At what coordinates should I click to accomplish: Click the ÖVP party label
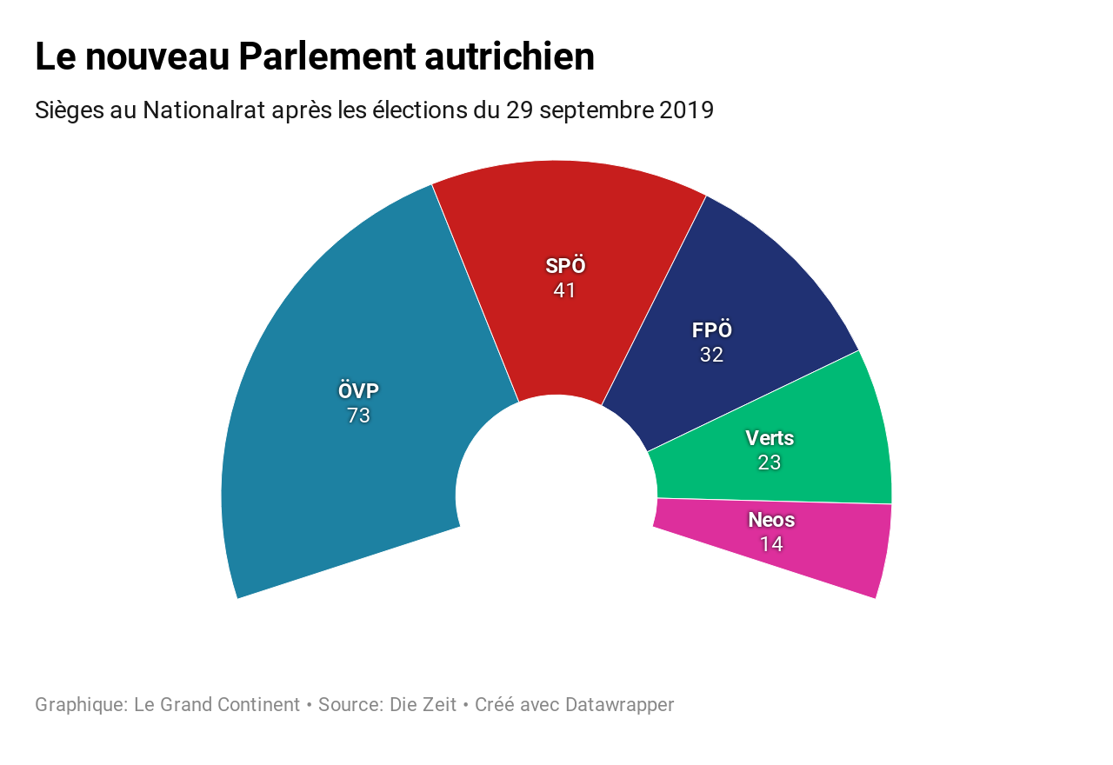pyautogui.click(x=358, y=391)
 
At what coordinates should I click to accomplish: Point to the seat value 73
pyautogui.click(x=358, y=416)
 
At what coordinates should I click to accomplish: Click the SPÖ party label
pyautogui.click(x=565, y=266)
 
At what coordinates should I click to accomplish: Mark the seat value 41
pyautogui.click(x=565, y=290)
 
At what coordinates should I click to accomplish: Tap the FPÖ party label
pyautogui.click(x=711, y=330)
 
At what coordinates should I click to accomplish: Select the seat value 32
pyautogui.click(x=711, y=355)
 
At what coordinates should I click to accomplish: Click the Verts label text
pyautogui.click(x=770, y=438)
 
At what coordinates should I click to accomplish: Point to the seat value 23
pyautogui.click(x=770, y=462)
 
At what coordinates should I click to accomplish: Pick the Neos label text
pyautogui.click(x=771, y=520)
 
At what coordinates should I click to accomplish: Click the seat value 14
pyautogui.click(x=771, y=544)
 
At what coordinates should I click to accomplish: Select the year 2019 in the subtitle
pyautogui.click(x=686, y=111)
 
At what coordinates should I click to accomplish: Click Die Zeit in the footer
pyautogui.click(x=423, y=705)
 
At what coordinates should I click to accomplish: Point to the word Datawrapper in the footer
pyautogui.click(x=619, y=705)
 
